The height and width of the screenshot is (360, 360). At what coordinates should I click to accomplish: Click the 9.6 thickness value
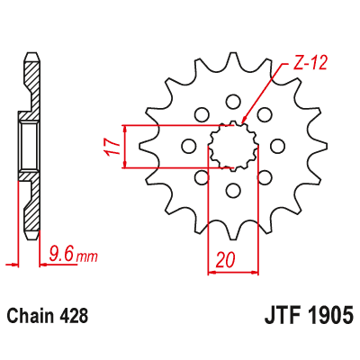(x=61, y=256)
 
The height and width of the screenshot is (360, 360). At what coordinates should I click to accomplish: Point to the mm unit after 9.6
(x=86, y=258)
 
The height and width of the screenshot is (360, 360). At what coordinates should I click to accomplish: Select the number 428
(x=74, y=317)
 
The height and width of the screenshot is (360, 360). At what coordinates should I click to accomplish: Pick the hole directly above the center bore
(x=232, y=101)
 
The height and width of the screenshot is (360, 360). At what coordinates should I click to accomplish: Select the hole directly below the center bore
(x=232, y=190)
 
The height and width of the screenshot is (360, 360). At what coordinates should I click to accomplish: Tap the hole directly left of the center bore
(x=188, y=146)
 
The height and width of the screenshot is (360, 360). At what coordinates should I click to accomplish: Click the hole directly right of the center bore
(x=276, y=146)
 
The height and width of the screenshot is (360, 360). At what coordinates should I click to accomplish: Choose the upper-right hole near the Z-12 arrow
(x=264, y=114)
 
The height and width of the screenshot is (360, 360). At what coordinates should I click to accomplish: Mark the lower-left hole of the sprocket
(x=201, y=177)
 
